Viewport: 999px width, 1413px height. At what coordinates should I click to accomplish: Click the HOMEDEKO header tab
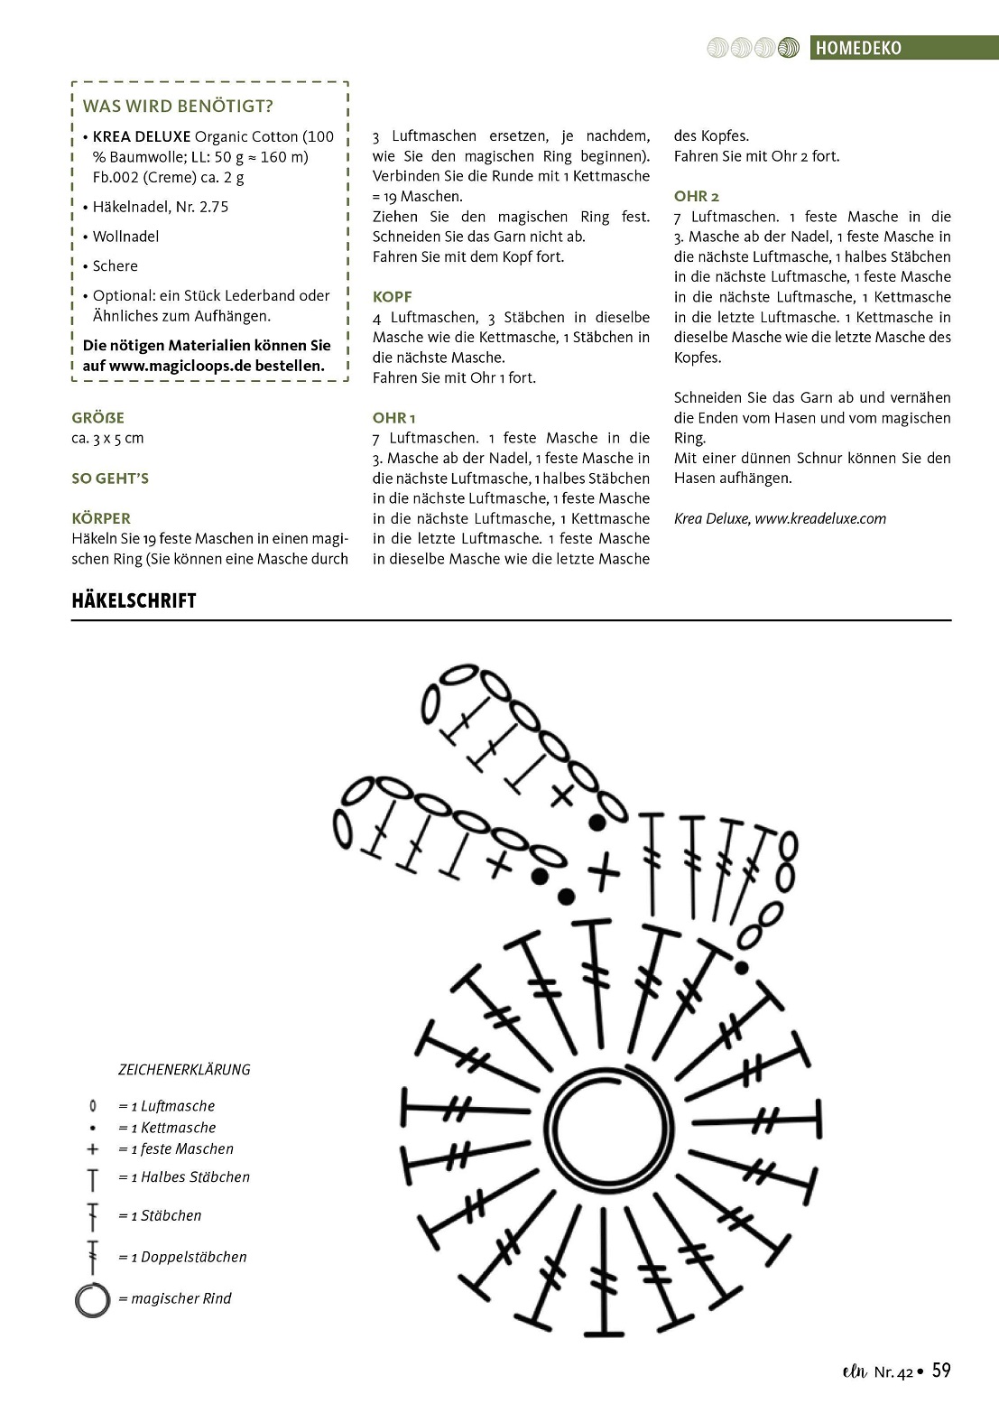[857, 48]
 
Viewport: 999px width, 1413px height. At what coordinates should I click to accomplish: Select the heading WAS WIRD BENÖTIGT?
[178, 107]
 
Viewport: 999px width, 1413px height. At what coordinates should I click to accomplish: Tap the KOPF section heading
[392, 297]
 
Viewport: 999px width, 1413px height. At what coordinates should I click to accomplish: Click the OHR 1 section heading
[393, 418]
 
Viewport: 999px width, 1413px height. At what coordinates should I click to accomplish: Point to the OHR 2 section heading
[696, 196]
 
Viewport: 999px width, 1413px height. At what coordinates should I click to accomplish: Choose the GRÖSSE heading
[97, 418]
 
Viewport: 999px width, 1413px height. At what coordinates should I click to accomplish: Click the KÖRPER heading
[101, 518]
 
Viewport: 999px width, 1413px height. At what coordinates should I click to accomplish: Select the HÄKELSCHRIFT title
[134, 601]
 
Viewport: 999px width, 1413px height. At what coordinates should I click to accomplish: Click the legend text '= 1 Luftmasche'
[166, 1106]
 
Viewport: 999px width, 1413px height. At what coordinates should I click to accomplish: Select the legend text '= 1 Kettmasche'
[167, 1128]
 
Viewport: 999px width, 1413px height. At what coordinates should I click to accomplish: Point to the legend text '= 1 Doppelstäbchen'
[181, 1257]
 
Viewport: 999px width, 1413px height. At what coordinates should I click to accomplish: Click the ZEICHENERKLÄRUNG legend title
[184, 1070]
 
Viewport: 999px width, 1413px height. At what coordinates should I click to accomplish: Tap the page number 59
[940, 1371]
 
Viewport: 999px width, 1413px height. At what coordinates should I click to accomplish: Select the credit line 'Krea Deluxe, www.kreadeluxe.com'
[780, 518]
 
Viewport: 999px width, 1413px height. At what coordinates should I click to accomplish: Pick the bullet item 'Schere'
[115, 266]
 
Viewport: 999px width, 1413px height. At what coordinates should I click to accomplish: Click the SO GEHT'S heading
[110, 479]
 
